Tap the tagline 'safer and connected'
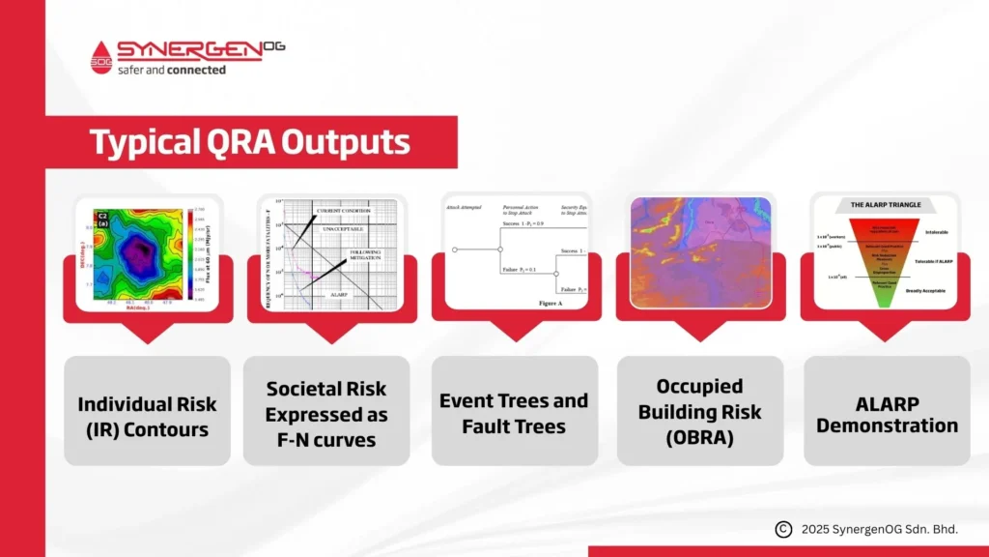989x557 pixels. click(x=171, y=70)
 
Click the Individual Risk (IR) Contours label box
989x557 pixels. click(x=147, y=415)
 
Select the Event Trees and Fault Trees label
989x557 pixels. click(x=513, y=413)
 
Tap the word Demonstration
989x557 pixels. click(x=887, y=425)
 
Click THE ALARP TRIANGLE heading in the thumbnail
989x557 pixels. click(x=881, y=205)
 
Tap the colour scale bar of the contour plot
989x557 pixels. click(x=188, y=255)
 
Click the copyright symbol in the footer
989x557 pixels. click(x=783, y=529)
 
